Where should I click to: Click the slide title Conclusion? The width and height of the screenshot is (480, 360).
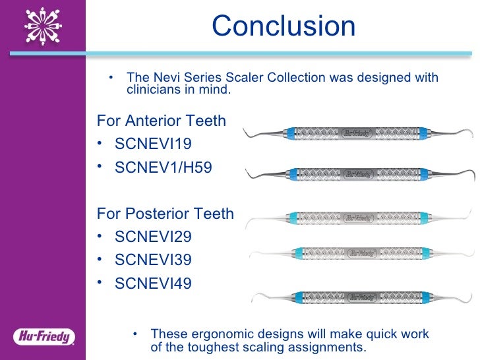coord(284,26)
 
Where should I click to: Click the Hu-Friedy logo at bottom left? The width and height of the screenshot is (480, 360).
coord(44,337)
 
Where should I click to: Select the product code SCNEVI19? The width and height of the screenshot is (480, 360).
coord(153,144)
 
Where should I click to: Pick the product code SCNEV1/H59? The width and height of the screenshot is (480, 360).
coord(164,167)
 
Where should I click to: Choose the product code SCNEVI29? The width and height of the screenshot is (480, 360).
coord(153,236)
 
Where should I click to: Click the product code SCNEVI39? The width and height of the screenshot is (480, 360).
coord(153,260)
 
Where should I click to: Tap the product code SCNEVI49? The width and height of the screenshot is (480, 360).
coord(153,284)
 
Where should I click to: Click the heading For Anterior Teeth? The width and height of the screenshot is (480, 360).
coord(162,121)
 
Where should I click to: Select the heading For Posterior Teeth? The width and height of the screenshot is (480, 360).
coord(165,213)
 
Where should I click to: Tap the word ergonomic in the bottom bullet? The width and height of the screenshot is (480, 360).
coord(214,334)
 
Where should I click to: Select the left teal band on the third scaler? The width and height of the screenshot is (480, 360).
coord(292,217)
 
